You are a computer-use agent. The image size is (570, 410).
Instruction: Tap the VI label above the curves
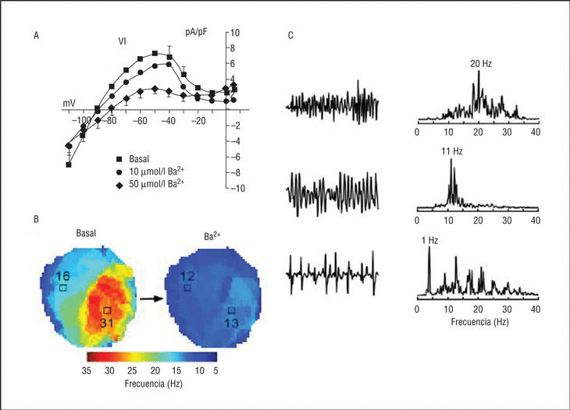(123, 41)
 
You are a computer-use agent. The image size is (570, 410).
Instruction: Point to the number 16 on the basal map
(63, 275)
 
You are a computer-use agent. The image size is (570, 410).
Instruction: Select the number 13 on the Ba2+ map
(232, 323)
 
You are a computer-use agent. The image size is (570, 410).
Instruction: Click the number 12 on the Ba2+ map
(187, 275)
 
